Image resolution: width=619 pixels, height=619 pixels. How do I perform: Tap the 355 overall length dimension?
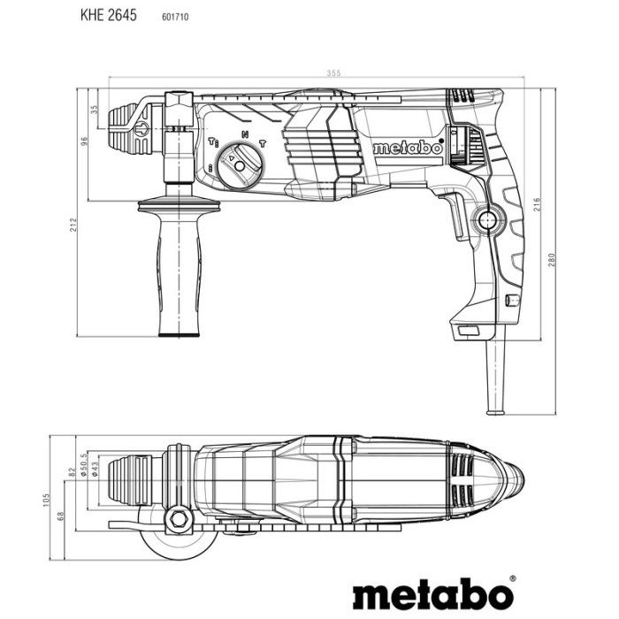coord(308,73)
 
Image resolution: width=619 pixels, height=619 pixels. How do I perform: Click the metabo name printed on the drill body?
coord(407,149)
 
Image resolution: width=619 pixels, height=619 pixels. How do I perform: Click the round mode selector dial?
coord(240,164)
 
